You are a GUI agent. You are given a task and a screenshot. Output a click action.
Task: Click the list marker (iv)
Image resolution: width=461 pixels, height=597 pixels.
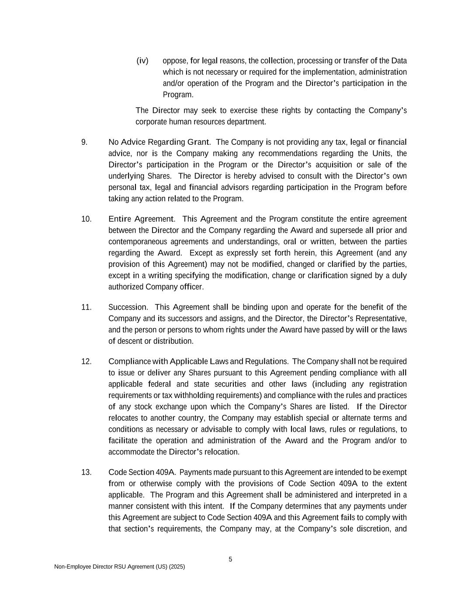(142, 60)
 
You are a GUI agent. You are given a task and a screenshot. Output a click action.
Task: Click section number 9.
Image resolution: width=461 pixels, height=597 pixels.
(84, 142)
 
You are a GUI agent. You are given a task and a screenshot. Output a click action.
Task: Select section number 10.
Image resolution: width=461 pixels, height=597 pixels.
(86, 219)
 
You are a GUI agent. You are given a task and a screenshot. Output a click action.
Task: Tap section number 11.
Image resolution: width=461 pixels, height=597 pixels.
(86, 307)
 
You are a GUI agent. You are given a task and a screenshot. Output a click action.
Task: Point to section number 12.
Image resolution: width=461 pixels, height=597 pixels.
(86, 361)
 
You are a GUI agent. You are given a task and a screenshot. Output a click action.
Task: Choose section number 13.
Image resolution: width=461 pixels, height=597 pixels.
(86, 472)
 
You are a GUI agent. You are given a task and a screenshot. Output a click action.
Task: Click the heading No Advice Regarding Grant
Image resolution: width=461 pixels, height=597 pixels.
(159, 142)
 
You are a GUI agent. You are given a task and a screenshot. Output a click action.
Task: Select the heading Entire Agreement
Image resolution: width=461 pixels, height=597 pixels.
(141, 219)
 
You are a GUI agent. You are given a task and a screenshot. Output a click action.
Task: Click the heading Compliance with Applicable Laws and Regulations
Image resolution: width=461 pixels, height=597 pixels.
(198, 361)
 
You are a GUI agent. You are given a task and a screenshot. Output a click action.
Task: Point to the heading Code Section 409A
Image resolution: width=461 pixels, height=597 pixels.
(142, 472)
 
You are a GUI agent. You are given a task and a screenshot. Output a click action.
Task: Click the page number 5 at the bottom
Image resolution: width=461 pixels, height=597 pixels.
(230, 559)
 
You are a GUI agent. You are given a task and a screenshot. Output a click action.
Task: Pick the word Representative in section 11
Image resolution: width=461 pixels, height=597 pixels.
(383, 318)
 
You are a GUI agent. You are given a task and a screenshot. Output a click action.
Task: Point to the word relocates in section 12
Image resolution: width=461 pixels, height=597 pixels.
(124, 418)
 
